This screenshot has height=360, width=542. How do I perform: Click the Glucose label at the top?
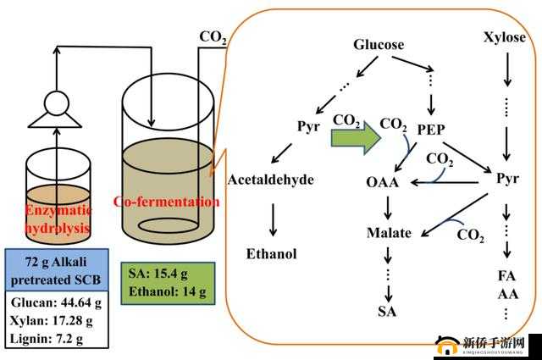(379, 45)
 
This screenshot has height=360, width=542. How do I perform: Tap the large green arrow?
(355, 136)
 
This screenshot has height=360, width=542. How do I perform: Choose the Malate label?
(389, 232)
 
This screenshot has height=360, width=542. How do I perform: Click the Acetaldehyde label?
(271, 180)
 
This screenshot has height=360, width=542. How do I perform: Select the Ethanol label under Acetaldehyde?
(272, 252)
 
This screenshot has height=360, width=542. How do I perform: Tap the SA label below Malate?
(388, 312)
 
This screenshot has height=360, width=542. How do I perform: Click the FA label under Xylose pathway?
(507, 276)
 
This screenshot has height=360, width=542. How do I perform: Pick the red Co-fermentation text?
(167, 202)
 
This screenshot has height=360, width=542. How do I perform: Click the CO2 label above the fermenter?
(213, 37)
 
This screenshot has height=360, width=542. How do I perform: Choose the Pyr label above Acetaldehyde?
(307, 127)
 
